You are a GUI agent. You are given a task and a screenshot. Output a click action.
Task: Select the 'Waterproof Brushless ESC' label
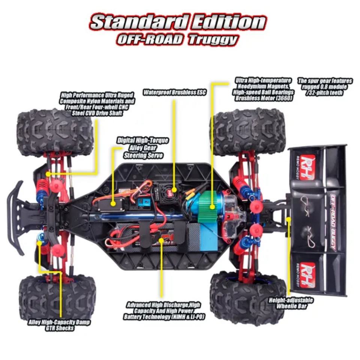(x=175, y=92)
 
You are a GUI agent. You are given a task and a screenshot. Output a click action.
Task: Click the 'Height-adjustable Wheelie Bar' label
(x=291, y=303)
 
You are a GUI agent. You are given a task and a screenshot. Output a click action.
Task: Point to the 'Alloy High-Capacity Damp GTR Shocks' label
(x=59, y=325)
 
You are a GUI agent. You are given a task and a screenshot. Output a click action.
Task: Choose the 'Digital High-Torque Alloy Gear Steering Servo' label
(x=142, y=148)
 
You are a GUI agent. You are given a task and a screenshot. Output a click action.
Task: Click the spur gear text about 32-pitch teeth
(x=325, y=87)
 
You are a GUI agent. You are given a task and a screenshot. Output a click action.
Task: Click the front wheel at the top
(x=55, y=132)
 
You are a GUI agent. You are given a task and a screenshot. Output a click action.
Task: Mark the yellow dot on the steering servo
(x=113, y=204)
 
